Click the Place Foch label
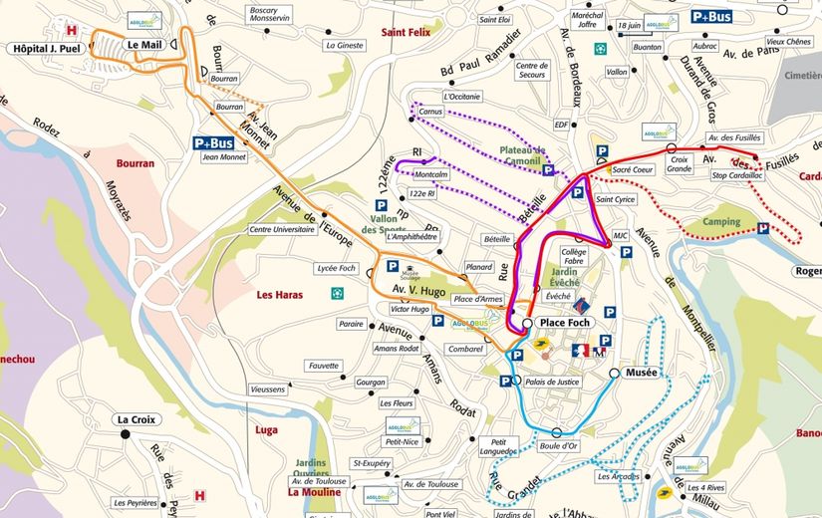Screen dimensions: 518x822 point(566,325)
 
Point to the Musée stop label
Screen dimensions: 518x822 point(642,373)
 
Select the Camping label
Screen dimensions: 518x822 point(721,221)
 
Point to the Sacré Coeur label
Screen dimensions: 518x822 point(632,170)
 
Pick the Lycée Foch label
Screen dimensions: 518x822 point(336,269)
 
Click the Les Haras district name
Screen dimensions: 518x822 point(279,295)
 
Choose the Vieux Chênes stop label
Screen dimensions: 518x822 point(788,41)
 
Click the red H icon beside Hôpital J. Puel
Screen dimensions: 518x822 point(72,29)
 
